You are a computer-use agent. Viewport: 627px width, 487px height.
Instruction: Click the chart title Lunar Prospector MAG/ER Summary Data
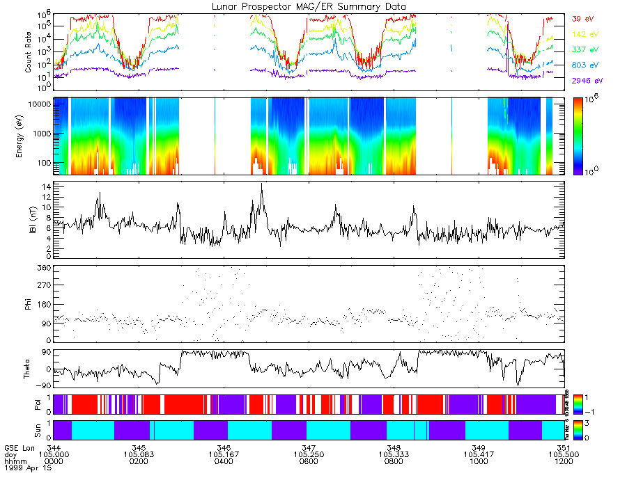tap(309, 6)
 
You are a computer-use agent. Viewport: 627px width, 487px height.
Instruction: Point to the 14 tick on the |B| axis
tap(46, 187)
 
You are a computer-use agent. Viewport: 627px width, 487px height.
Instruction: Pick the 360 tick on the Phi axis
tap(43, 268)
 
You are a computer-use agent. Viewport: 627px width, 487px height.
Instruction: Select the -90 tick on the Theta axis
tap(43, 385)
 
